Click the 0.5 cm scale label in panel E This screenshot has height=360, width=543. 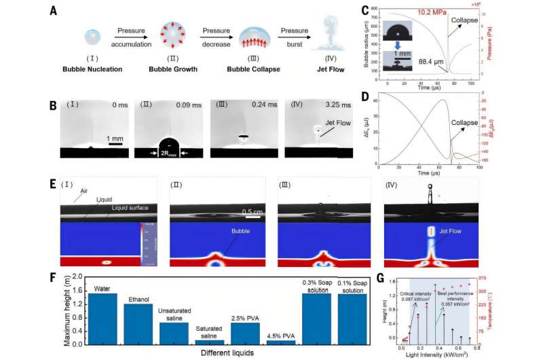[x=252, y=211]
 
